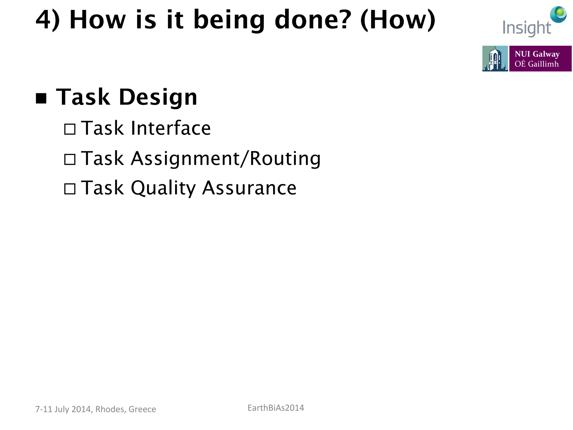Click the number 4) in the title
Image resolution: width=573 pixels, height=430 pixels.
point(48,20)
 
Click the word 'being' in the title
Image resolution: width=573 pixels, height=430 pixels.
point(229,20)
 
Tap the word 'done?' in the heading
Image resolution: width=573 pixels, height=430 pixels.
point(313,20)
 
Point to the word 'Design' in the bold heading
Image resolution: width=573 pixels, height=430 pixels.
point(158,97)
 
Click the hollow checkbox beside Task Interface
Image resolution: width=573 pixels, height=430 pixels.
point(70,129)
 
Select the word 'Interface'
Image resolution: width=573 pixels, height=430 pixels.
point(171,128)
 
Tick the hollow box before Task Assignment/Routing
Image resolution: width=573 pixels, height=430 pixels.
point(70,160)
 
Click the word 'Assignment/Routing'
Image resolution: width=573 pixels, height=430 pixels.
point(226,159)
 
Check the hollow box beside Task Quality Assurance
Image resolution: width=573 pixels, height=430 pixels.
point(70,189)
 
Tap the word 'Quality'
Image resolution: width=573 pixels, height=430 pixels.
point(163,188)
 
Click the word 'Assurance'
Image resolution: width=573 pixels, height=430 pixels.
point(249,188)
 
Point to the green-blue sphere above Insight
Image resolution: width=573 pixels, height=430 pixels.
point(558,14)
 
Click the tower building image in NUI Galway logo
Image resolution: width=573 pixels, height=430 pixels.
point(495,59)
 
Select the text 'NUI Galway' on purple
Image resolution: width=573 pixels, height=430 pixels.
point(537,54)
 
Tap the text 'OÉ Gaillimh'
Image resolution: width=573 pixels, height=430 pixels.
point(536,64)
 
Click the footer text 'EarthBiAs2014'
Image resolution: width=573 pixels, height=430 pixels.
point(276,408)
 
